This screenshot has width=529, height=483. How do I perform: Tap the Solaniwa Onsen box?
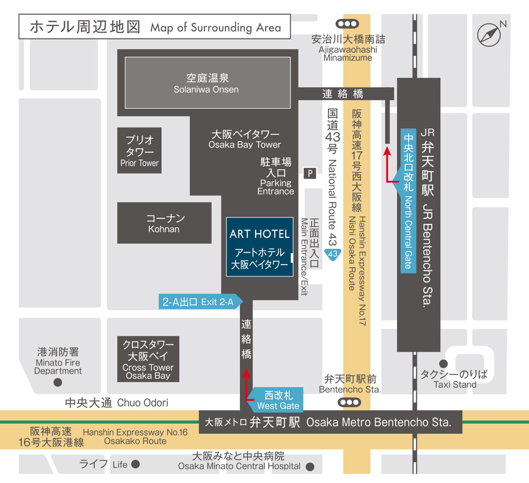click(x=208, y=82)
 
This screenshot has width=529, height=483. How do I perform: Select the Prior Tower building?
click(x=139, y=150)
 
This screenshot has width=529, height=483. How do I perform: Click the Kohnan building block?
click(x=164, y=223)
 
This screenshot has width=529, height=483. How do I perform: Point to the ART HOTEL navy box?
click(x=260, y=247)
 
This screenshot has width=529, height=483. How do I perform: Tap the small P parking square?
click(x=310, y=173)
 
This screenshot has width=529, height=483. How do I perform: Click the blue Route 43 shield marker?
click(x=332, y=254)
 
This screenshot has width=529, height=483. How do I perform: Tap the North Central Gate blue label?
click(x=408, y=201)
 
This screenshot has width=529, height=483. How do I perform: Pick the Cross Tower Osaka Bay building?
click(x=148, y=359)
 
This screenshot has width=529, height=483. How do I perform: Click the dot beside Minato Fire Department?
click(x=58, y=382)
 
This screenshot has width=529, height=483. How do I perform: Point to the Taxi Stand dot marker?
click(x=443, y=364)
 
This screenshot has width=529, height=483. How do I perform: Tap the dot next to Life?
click(x=135, y=464)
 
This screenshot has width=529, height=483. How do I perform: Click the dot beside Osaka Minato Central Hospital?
click(x=310, y=467)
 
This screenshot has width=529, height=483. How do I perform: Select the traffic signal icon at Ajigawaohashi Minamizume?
click(x=347, y=24)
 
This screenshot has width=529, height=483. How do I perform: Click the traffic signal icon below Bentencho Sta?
click(x=349, y=402)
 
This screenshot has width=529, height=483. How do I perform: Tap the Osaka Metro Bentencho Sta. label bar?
click(x=331, y=422)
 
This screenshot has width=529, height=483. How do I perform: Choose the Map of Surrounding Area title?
click(x=155, y=27)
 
